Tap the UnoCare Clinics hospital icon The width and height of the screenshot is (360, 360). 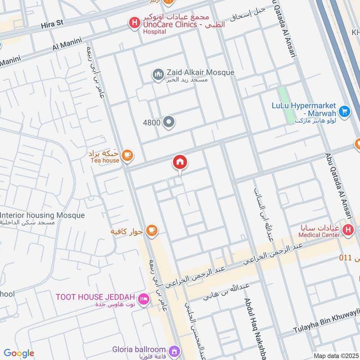(134, 22)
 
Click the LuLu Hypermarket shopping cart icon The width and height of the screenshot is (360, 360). (345, 111)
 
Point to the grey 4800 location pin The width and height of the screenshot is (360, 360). (169, 122)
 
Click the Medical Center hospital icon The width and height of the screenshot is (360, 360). (347, 230)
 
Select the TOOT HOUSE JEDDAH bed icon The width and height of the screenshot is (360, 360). (143, 299)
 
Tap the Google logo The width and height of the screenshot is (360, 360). (19, 353)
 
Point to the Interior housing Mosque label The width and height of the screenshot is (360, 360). (43, 216)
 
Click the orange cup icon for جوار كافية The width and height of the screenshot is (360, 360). (152, 231)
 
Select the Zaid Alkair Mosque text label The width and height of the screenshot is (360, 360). (200, 72)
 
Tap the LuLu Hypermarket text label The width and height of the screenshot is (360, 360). (304, 106)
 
